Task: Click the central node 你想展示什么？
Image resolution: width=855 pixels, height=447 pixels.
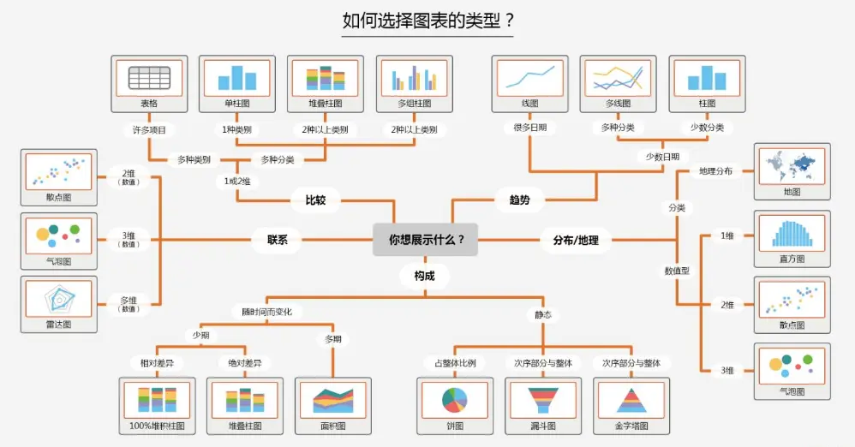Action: [425, 239]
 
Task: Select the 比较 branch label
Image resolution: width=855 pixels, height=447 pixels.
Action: [316, 200]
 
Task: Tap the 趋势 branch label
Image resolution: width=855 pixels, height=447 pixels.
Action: [520, 200]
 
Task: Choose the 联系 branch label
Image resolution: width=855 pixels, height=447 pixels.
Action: [277, 239]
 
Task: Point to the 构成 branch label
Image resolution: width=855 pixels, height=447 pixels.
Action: [424, 276]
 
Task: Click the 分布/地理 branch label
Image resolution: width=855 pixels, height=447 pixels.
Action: [576, 240]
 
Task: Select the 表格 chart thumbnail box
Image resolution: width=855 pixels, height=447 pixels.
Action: [149, 84]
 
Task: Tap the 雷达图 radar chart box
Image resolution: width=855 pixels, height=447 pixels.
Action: [59, 304]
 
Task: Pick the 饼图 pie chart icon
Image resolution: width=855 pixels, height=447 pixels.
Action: [455, 400]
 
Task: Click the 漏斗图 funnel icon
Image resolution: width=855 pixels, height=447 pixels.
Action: [543, 400]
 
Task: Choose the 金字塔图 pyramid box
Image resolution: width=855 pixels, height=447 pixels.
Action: [631, 406]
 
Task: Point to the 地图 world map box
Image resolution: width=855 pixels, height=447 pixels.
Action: [792, 172]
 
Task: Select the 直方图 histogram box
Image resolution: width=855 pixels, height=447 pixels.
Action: [792, 239]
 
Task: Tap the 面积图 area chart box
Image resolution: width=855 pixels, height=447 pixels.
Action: [333, 406]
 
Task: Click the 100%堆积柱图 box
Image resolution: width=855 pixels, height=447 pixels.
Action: [157, 406]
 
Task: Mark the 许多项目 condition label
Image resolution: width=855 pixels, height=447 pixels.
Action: [149, 130]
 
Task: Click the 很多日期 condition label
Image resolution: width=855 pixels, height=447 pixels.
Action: [530, 128]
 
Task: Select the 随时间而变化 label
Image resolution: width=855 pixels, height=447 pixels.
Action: [267, 312]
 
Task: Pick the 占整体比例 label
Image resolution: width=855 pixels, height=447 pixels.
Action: [455, 363]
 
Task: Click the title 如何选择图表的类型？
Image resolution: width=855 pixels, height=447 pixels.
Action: [428, 21]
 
